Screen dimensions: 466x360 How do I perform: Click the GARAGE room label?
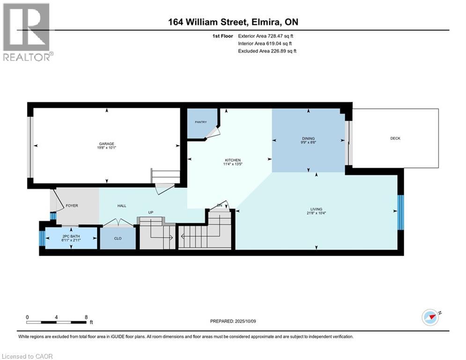pos(106,144)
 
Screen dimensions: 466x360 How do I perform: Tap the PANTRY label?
pos(201,122)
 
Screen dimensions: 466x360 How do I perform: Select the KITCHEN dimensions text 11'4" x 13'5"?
pos(233,164)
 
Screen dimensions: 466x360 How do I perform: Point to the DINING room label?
pos(308,138)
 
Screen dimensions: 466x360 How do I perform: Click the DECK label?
pos(395,138)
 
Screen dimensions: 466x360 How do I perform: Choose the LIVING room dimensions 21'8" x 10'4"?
pos(316,213)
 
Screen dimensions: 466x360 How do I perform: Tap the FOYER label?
pos(72,206)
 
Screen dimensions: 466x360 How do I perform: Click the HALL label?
pos(122,206)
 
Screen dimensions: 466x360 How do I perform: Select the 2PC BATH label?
pos(71,236)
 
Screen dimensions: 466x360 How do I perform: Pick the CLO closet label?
pos(118,238)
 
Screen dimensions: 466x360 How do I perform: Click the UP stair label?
pos(151,212)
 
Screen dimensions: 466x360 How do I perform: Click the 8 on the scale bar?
pos(86,317)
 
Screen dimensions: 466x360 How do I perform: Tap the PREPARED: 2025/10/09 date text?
pos(233,321)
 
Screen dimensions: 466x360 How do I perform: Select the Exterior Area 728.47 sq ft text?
pos(266,36)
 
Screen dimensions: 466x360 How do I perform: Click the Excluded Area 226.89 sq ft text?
pos(267,51)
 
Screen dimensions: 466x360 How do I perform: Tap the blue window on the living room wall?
pos(400,212)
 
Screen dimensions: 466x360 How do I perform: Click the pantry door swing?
pos(214,132)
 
